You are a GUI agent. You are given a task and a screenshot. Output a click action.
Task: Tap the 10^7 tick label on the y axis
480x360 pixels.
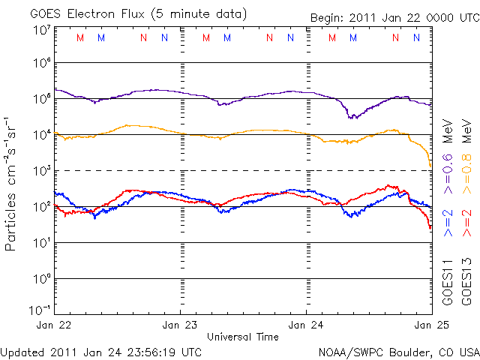(42, 31)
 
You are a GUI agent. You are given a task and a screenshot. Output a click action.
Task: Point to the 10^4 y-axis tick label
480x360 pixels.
(42, 135)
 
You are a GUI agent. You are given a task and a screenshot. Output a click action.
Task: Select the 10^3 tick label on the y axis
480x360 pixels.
(42, 171)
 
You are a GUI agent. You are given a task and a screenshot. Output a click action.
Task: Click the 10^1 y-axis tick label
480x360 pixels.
(42, 242)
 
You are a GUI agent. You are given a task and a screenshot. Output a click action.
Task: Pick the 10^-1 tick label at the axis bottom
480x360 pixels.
(40, 310)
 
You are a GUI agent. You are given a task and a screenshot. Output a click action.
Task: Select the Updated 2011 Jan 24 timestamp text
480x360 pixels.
(101, 351)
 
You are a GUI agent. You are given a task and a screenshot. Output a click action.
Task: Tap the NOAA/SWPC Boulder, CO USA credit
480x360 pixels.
(398, 351)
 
